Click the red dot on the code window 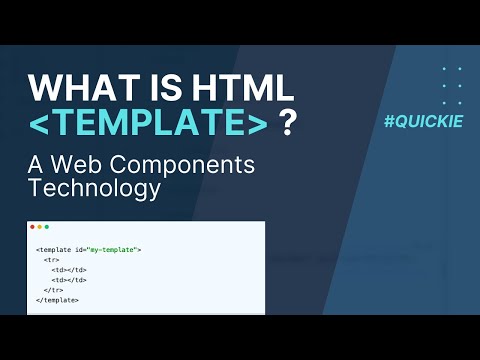pyautogui.click(x=33, y=227)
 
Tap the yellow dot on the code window pyautogui.click(x=40, y=227)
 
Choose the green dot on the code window pyautogui.click(x=47, y=227)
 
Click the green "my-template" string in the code pyautogui.click(x=116, y=249)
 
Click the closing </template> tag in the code pyautogui.click(x=57, y=299)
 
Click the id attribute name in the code pyautogui.click(x=84, y=249)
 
